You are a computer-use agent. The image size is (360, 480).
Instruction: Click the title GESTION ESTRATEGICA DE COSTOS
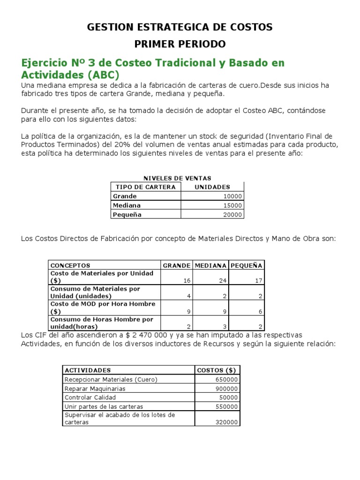point(180,27)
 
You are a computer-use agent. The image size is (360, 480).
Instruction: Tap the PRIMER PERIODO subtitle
point(180,44)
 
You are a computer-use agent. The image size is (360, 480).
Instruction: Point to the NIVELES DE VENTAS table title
point(177,178)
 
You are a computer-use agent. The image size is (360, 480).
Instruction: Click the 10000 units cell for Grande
point(233,196)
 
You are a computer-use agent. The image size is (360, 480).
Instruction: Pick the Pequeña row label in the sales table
point(127,215)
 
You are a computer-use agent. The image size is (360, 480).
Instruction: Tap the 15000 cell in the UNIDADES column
point(233,205)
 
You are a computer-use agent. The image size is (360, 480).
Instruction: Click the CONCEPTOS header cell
point(70,265)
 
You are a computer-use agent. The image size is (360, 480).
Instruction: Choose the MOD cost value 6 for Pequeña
point(261,311)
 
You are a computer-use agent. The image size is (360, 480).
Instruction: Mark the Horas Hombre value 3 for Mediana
point(225,327)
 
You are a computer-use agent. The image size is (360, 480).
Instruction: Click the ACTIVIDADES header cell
point(88,370)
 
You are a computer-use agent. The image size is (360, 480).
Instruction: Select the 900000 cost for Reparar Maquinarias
point(226,389)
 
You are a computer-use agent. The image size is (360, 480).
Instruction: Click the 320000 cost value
point(226,422)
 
